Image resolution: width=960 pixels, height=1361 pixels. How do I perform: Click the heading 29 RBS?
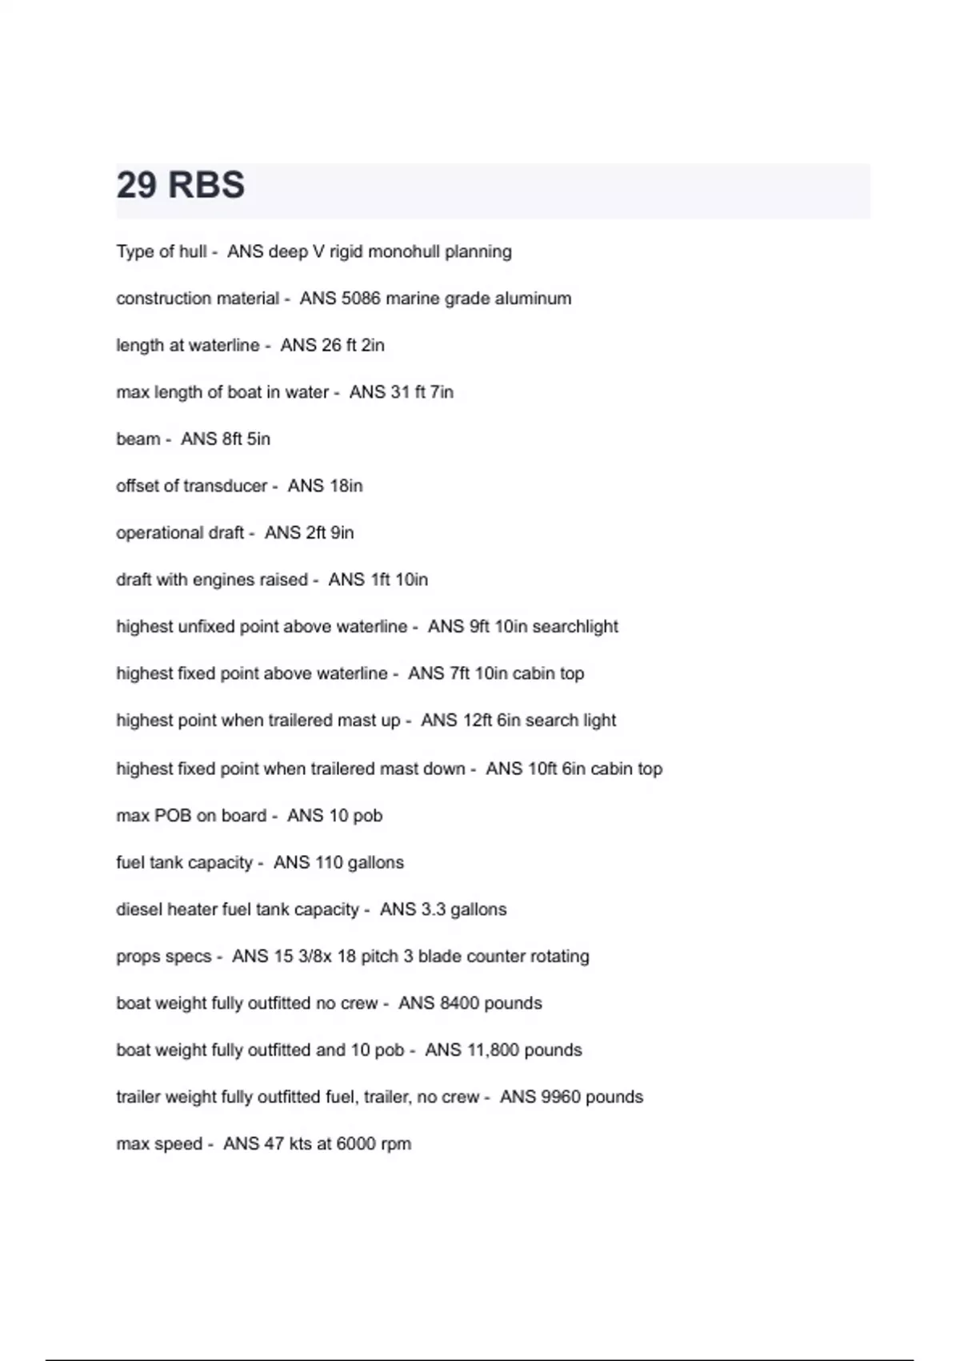coord(180,185)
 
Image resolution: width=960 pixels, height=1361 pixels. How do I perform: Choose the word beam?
coord(138,439)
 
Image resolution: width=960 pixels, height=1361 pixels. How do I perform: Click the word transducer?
coord(225,486)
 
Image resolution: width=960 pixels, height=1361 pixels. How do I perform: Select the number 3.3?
coord(434,909)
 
